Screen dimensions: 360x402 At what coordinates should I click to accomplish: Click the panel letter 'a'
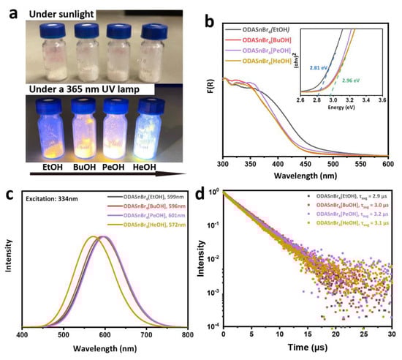click(9, 10)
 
